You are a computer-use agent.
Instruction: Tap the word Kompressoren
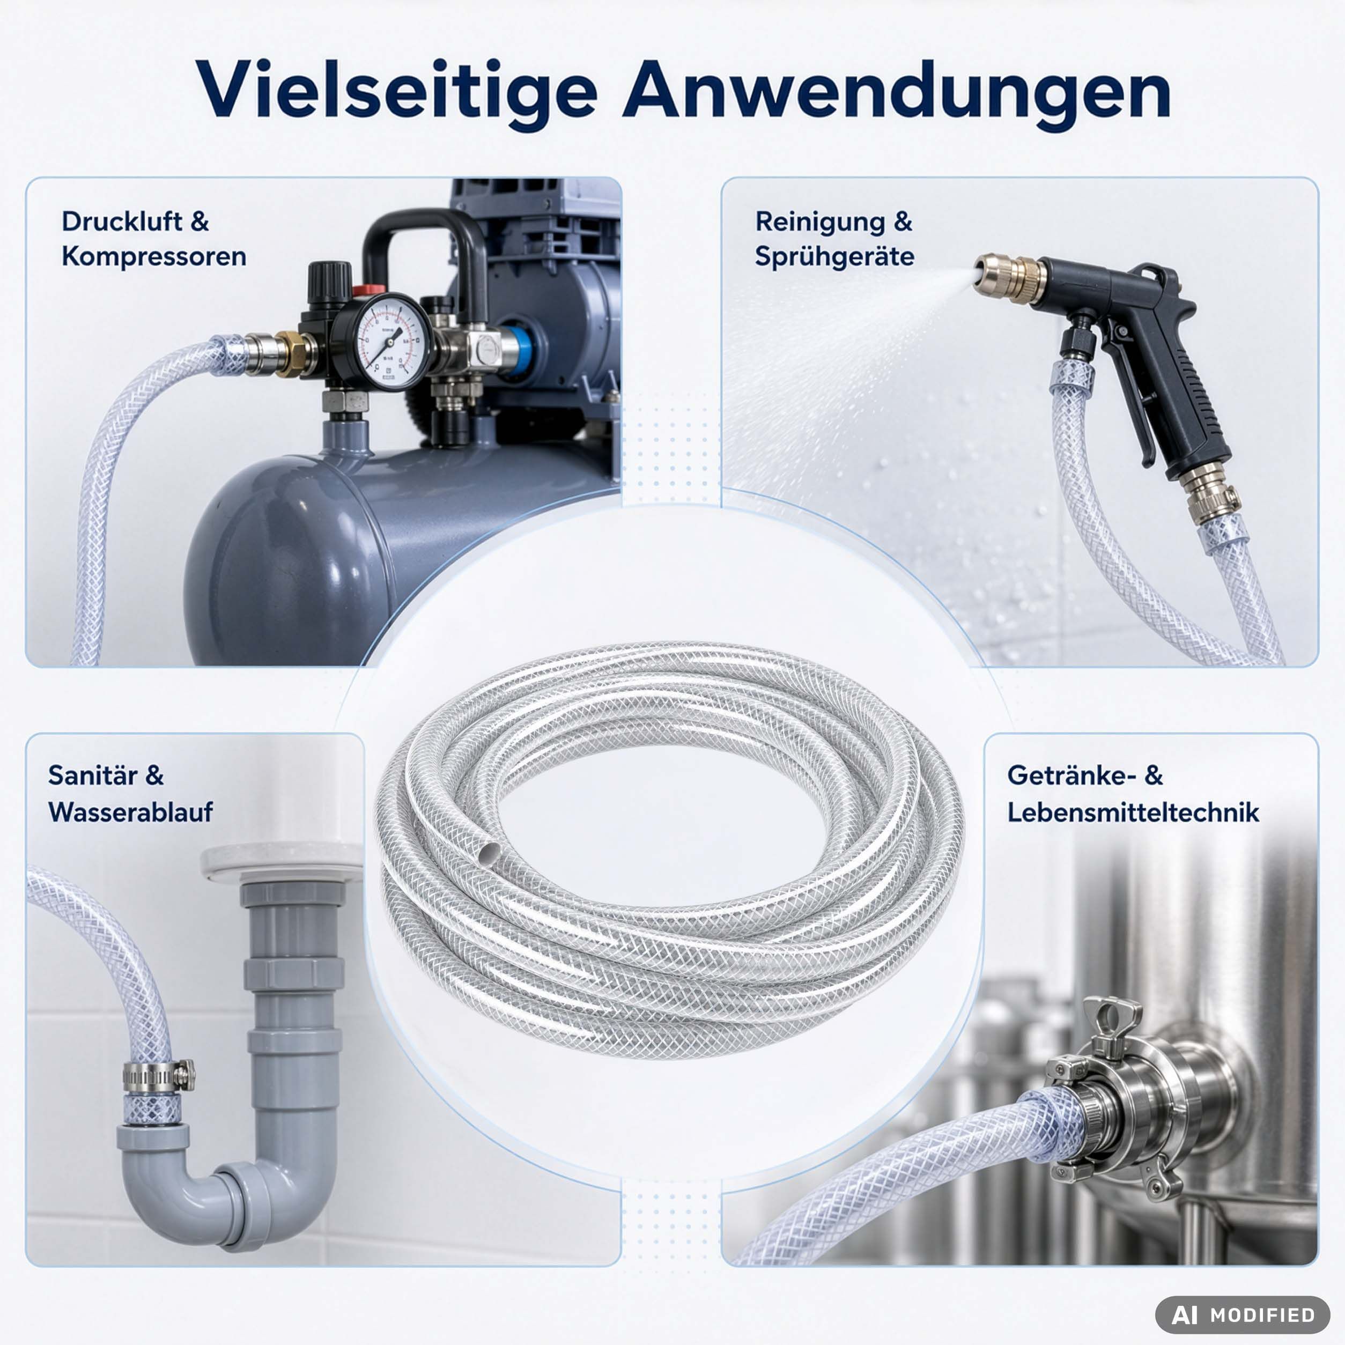[x=154, y=257]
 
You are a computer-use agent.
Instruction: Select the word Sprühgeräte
[x=834, y=257]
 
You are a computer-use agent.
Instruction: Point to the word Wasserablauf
[x=131, y=812]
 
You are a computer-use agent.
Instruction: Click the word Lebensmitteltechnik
[x=1133, y=812]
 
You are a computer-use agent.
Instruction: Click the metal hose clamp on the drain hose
[x=159, y=1076]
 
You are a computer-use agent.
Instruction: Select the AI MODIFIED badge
[x=1243, y=1315]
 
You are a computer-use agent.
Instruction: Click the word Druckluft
[x=122, y=221]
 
